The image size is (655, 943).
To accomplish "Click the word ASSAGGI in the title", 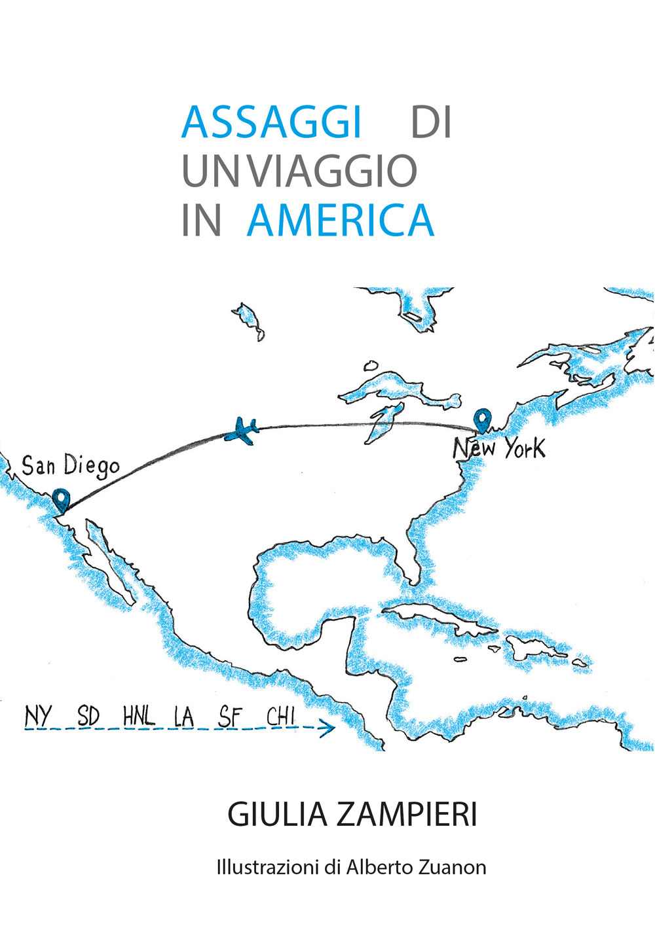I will click(x=272, y=122).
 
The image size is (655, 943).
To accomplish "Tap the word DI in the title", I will click(x=431, y=122).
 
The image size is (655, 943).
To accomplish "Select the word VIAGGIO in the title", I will click(x=333, y=171).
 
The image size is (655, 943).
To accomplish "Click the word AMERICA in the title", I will click(x=341, y=221).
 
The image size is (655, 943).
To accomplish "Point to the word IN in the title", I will click(x=201, y=221).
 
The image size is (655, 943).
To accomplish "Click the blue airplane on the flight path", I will click(x=242, y=431).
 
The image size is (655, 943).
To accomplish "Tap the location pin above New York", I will click(x=483, y=419).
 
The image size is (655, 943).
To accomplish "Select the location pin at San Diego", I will click(x=62, y=500).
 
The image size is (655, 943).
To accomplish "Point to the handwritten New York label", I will click(x=498, y=449).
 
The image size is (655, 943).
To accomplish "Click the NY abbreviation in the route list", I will click(x=38, y=716).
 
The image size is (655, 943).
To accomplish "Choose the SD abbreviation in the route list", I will click(x=88, y=716).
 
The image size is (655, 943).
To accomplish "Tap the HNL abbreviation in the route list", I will click(x=139, y=716).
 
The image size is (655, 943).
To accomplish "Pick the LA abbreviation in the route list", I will click(x=185, y=717).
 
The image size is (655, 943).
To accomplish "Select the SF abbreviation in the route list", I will click(x=230, y=717).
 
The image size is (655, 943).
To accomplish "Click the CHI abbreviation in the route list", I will click(x=280, y=716).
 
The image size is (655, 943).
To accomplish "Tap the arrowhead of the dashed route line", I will click(x=329, y=728).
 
